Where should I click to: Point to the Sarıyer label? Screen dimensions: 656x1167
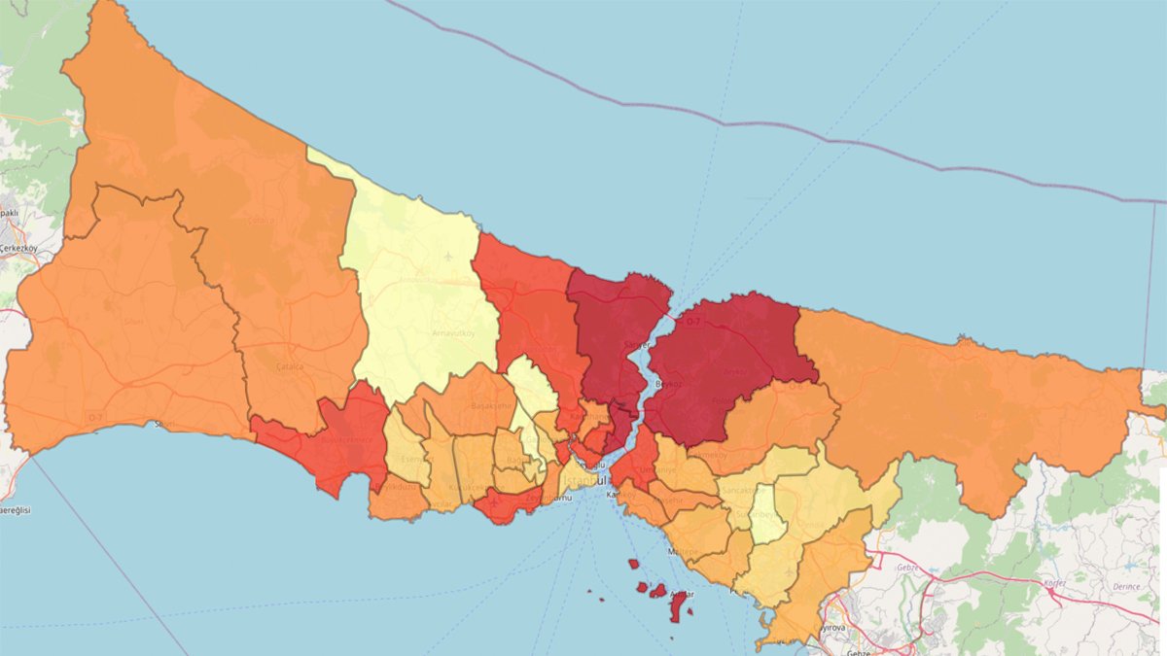[x=637, y=344]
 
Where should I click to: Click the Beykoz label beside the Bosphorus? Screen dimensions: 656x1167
[x=668, y=384]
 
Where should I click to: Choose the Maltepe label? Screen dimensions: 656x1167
[x=682, y=551]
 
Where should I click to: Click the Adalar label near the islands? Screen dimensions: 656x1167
[x=683, y=594]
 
